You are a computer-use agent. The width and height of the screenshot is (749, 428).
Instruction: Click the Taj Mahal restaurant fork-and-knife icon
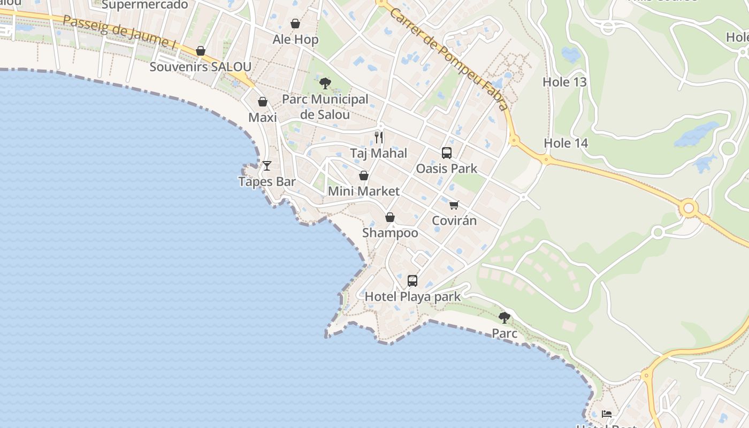point(379,137)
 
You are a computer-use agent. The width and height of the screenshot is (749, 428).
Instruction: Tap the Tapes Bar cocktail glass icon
point(267,166)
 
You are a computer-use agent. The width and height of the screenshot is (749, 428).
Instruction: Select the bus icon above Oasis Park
point(447,153)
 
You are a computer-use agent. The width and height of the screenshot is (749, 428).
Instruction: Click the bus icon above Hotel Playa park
point(412,281)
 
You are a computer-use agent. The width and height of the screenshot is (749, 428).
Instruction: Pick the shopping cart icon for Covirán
point(454,205)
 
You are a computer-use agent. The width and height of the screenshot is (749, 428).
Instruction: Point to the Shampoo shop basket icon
point(390,217)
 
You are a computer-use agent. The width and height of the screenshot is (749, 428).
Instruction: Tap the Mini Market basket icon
point(364,175)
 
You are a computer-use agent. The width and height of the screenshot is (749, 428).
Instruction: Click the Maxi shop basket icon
point(263,102)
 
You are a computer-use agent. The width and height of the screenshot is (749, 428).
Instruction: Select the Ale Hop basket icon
point(295,24)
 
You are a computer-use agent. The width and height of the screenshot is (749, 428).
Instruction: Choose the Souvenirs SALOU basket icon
point(201,51)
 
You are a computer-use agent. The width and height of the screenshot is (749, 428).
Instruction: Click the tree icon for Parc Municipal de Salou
point(325,83)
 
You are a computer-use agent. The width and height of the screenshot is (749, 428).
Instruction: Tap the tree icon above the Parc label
point(505,318)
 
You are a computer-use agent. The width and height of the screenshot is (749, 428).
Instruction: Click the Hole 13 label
point(564,82)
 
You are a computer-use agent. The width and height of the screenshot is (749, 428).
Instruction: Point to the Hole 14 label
point(565,143)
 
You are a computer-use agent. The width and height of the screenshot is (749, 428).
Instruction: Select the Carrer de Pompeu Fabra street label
point(448,59)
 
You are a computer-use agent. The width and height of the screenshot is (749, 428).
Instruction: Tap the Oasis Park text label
point(447,169)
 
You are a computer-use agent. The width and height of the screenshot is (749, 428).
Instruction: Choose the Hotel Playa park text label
point(412,296)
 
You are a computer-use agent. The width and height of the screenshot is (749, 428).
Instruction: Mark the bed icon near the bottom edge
point(607,414)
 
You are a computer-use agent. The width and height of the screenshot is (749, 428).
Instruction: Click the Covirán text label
point(454,220)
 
